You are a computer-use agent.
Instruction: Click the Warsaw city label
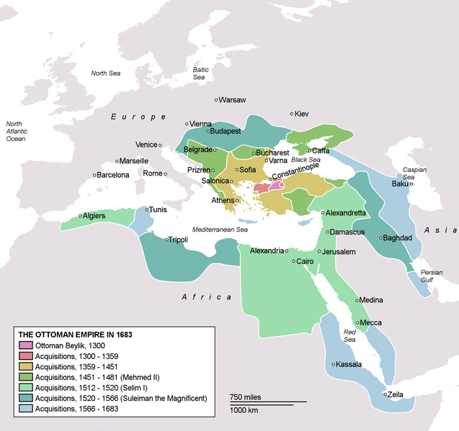pyautogui.click(x=233, y=100)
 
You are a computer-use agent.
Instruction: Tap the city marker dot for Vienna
pyautogui.click(x=187, y=124)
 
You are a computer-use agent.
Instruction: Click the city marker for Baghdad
pyautogui.click(x=382, y=237)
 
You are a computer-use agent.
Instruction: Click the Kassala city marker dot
pyautogui.click(x=332, y=365)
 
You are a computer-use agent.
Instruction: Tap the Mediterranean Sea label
pyautogui.click(x=220, y=229)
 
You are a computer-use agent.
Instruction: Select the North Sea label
pyautogui.click(x=105, y=73)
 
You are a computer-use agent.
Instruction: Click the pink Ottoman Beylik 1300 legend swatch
pyautogui.click(x=25, y=345)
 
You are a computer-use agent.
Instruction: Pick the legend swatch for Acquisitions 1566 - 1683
pyautogui.click(x=25, y=409)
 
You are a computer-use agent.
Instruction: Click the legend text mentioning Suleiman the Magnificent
pyautogui.click(x=121, y=398)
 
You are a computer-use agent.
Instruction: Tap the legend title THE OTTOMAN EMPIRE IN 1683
pyautogui.click(x=75, y=335)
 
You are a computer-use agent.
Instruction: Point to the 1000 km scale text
pyautogui.click(x=245, y=410)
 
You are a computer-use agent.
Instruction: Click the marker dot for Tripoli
pyautogui.click(x=166, y=240)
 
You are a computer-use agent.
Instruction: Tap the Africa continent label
pyautogui.click(x=206, y=297)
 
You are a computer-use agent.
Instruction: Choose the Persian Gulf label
pyautogui.click(x=432, y=276)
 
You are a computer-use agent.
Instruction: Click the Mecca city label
pyautogui.click(x=371, y=322)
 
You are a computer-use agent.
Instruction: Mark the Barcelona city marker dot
pyautogui.click(x=94, y=175)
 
